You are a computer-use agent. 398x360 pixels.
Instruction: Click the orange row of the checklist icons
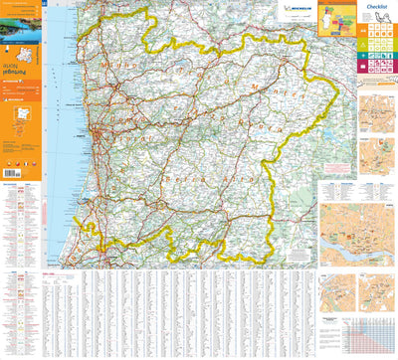pyautogui.click(x=379, y=33)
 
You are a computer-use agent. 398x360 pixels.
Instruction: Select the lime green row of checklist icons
pyautogui.click(x=379, y=46)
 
